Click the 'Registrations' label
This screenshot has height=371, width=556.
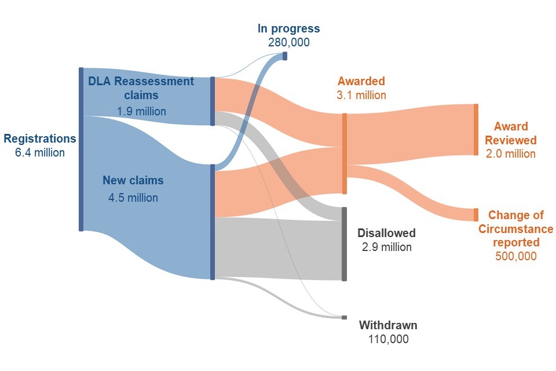coord(40,139)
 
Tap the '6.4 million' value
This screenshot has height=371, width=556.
coord(40,153)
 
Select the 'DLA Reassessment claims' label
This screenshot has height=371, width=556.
coord(141,88)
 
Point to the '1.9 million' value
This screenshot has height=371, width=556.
coord(141,111)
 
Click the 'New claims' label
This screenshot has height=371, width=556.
coord(133,180)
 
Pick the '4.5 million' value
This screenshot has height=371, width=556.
coord(133,198)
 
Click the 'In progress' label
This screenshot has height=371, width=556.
coord(288,28)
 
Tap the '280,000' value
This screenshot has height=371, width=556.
coord(288,42)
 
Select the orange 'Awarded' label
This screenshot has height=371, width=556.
coord(361,81)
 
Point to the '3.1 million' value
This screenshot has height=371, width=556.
coord(361,95)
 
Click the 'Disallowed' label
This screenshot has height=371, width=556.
coord(386,233)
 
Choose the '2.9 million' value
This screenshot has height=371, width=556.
coord(386,247)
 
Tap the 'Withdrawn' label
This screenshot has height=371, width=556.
coord(387,325)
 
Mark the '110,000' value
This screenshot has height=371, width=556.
coord(387,339)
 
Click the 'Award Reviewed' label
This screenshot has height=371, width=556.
coord(510,133)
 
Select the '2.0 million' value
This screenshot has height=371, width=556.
coord(510,154)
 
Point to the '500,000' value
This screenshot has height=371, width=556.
coord(515,256)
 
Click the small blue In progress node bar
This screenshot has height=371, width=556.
coord(284,56)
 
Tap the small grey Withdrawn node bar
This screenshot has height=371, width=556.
coord(344,318)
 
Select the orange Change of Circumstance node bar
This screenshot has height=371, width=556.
coord(476,215)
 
